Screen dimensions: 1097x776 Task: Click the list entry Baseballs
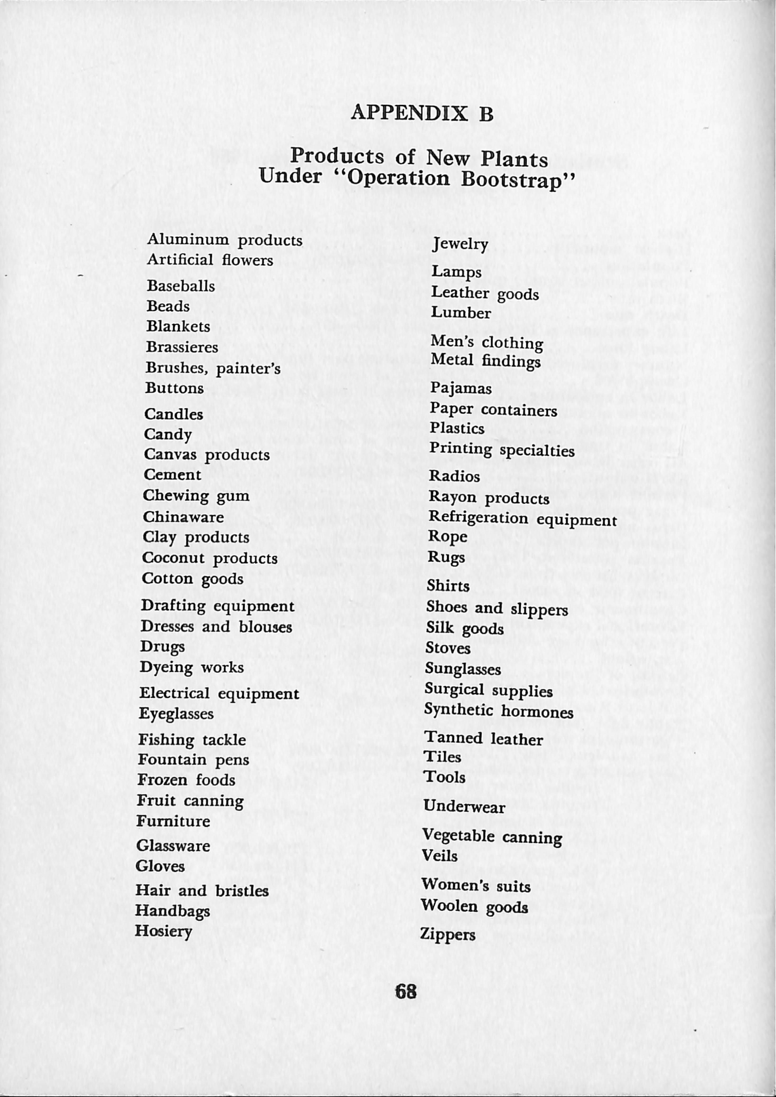coord(181,286)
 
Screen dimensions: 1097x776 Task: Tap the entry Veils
coord(439,856)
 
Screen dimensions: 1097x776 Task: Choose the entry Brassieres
coord(182,347)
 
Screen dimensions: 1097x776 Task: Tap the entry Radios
coord(454,476)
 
